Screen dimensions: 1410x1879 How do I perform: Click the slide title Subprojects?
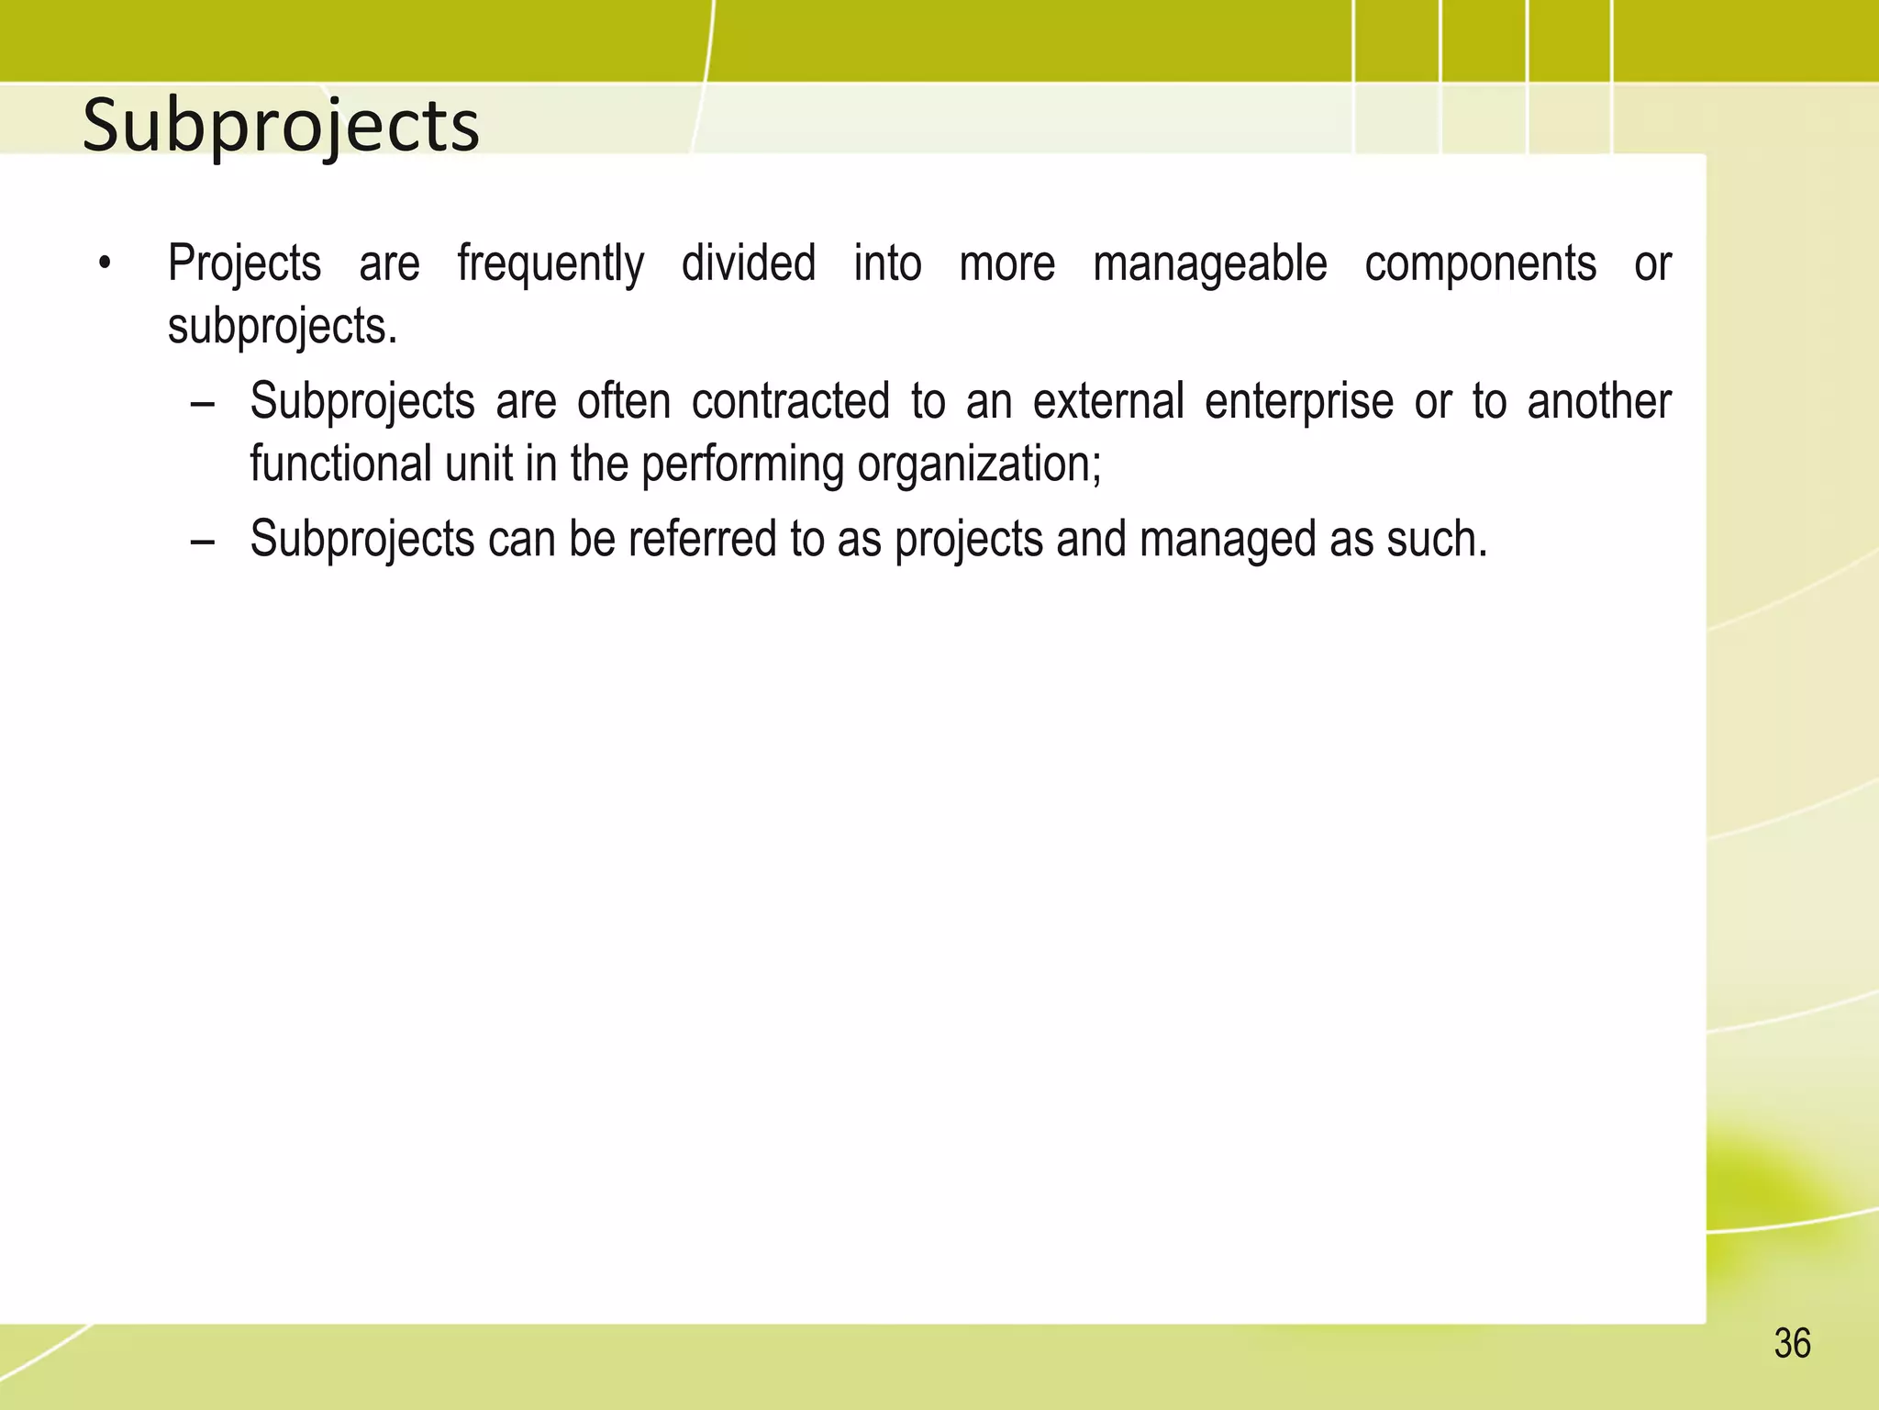[281, 126]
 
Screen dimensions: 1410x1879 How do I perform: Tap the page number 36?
[1792, 1344]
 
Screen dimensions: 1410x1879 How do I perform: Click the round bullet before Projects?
[106, 265]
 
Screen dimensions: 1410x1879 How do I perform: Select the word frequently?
[550, 265]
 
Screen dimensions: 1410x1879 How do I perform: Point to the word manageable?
[1209, 265]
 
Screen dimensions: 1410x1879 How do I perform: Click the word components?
[1480, 265]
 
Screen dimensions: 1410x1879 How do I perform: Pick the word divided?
[749, 263]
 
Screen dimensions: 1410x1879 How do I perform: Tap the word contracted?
[790, 402]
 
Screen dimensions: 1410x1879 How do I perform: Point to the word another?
[1599, 402]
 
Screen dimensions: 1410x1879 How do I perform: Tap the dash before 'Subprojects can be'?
[203, 541]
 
